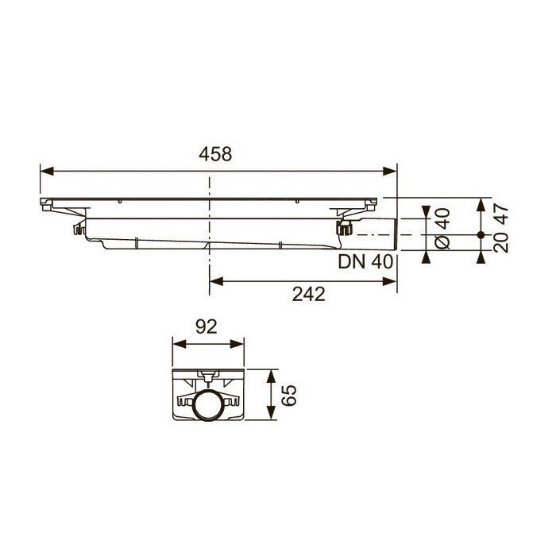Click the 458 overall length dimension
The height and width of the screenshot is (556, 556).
(215, 154)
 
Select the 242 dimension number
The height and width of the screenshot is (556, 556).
(308, 294)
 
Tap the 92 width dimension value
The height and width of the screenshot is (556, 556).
(207, 326)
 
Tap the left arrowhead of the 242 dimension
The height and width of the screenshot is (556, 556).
(215, 280)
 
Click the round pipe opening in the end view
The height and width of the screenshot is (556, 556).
(209, 407)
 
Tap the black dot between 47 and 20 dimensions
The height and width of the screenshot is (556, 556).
(481, 235)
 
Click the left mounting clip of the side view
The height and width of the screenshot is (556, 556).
(78, 230)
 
